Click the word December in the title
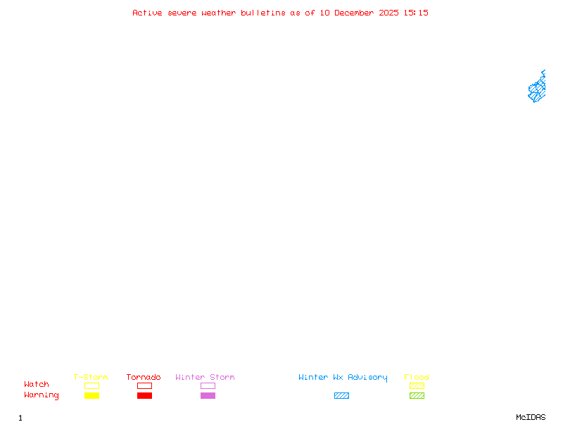click(354, 13)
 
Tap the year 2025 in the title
click(388, 13)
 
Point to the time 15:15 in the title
click(416, 13)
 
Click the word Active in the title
click(147, 13)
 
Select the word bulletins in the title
click(262, 13)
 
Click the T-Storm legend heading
click(91, 377)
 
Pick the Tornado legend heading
click(144, 377)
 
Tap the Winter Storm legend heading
click(205, 377)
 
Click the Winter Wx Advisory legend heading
click(343, 378)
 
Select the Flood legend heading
click(416, 377)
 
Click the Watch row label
click(37, 384)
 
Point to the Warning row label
click(42, 395)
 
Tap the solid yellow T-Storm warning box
click(92, 395)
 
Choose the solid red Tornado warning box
click(145, 395)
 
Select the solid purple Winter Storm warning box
click(208, 395)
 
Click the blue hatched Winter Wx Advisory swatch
click(341, 395)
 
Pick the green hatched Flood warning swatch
click(417, 395)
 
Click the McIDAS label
click(531, 417)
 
